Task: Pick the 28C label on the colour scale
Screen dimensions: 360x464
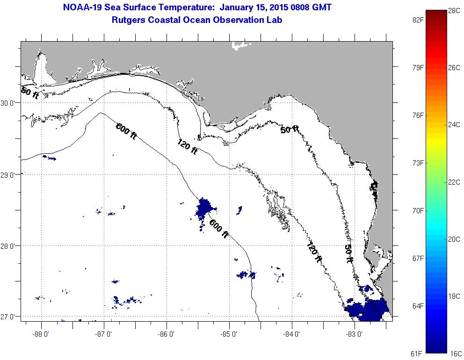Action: (x=454, y=10)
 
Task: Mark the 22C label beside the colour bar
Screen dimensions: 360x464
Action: (x=454, y=182)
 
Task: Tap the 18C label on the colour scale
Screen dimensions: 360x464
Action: (x=454, y=296)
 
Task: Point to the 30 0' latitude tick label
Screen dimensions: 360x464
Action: (x=9, y=102)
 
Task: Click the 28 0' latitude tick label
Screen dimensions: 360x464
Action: (x=9, y=245)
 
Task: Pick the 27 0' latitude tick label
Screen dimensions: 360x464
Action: (x=9, y=317)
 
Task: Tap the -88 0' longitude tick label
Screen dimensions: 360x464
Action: (x=41, y=333)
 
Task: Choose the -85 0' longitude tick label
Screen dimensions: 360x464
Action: (x=229, y=333)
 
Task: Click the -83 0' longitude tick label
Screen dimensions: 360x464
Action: (x=355, y=333)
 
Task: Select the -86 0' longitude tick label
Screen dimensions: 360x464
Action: (x=167, y=333)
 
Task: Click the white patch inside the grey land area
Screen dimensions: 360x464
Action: (x=241, y=45)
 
